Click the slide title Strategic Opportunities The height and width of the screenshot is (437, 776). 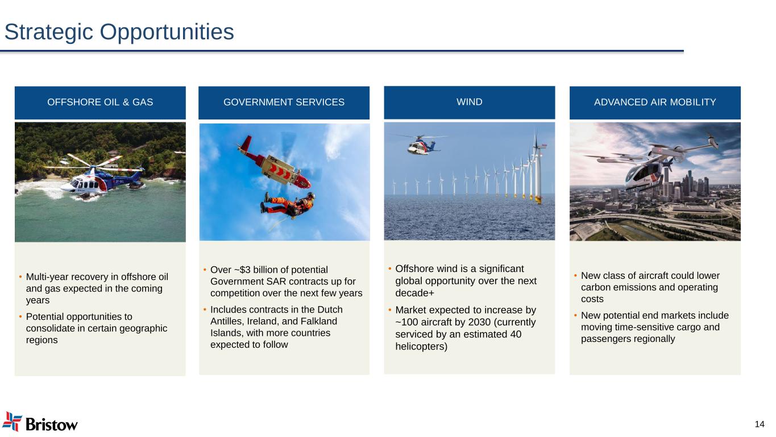(x=119, y=32)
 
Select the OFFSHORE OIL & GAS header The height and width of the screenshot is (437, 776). (x=100, y=102)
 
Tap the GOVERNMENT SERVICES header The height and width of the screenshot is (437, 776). (x=284, y=102)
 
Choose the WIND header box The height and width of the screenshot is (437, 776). (x=470, y=102)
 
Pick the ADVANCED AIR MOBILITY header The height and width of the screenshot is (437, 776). (x=655, y=102)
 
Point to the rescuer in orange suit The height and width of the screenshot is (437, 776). (x=288, y=205)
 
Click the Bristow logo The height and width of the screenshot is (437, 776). (x=40, y=422)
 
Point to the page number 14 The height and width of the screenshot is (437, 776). (x=760, y=424)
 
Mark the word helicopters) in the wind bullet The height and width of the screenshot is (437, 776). (x=421, y=347)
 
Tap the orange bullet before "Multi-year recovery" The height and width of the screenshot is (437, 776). (x=21, y=277)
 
